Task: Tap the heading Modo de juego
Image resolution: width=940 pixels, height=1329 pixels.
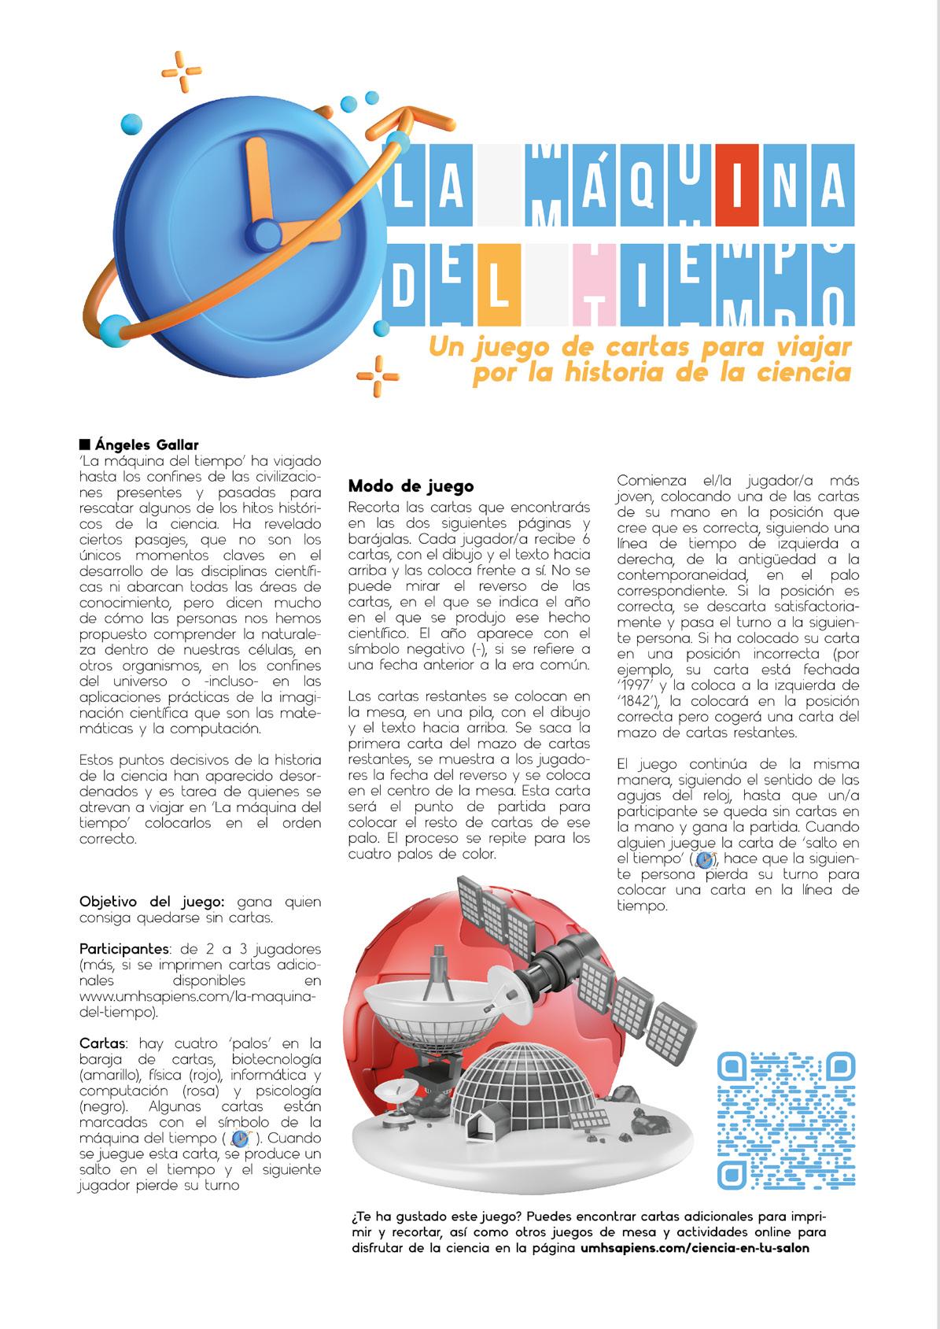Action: coord(411,485)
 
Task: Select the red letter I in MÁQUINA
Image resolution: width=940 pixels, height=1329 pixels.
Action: coord(738,184)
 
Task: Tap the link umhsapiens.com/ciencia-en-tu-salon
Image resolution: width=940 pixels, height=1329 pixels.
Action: coord(695,1269)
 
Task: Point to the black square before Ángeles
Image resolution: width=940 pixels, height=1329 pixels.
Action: coord(86,445)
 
